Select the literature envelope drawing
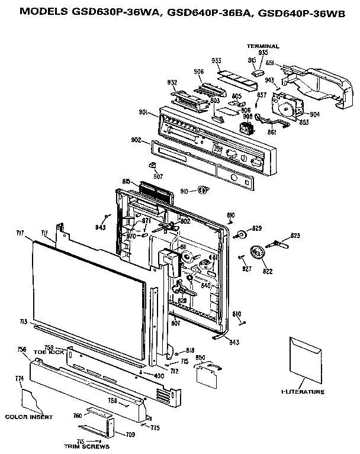coord(306,360)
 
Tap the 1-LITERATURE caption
coord(303,392)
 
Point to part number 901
coord(144,113)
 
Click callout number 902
coord(136,140)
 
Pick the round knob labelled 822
coord(258,253)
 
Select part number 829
coord(256,228)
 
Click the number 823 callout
coord(295,236)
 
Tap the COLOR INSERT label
coord(29,417)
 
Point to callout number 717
coord(20,234)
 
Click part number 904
coord(314,114)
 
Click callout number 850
coord(201,358)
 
